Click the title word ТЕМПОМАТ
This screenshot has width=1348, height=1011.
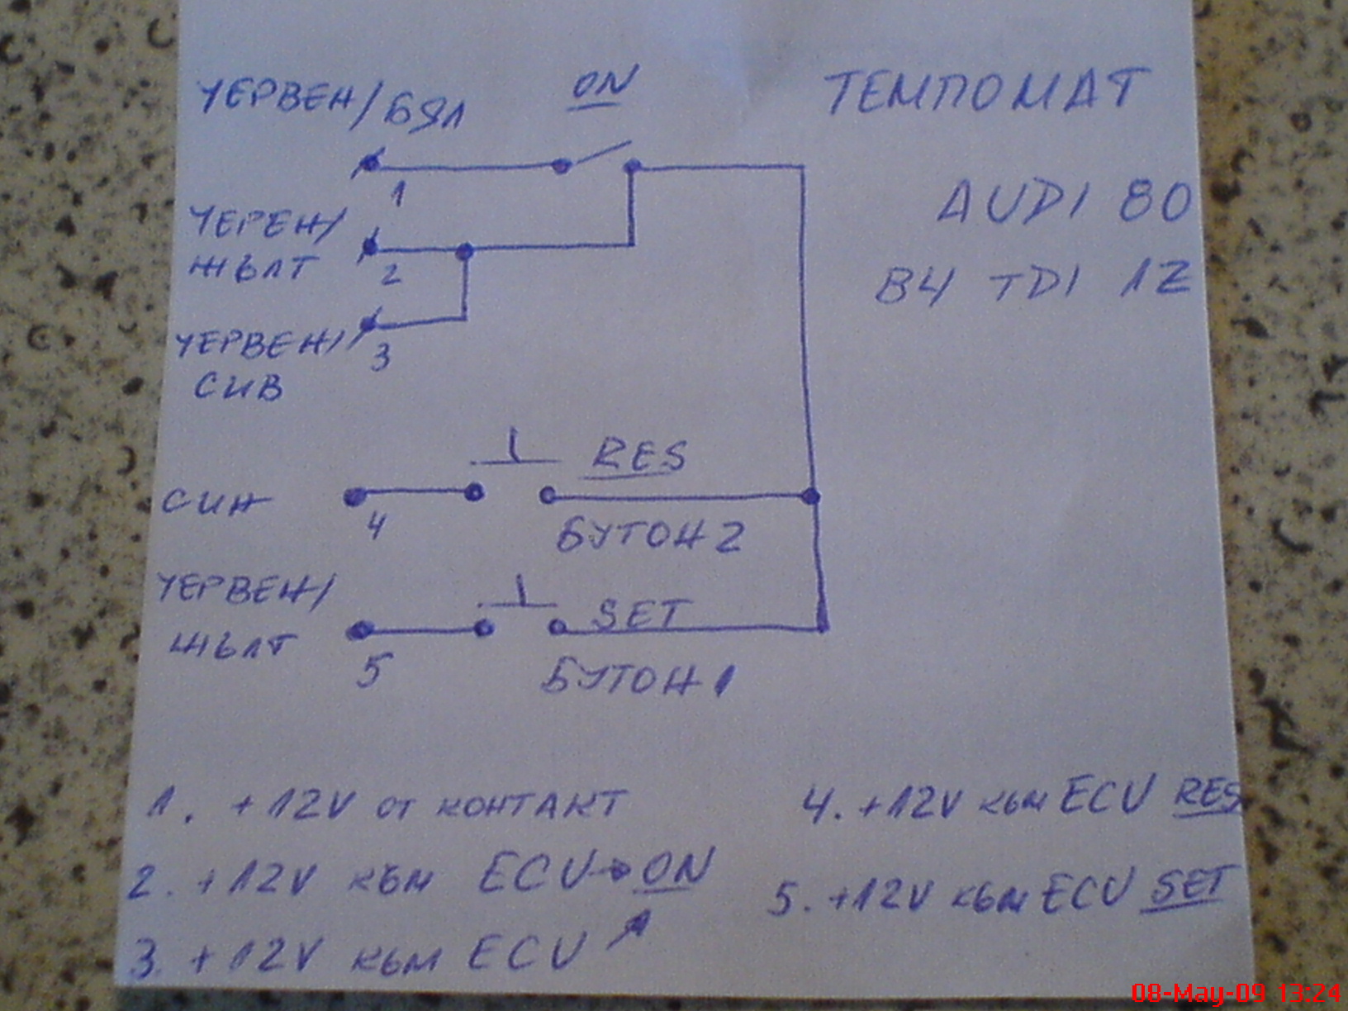pyautogui.click(x=986, y=91)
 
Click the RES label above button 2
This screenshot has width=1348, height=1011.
pyautogui.click(x=638, y=455)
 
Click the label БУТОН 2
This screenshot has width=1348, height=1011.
pyautogui.click(x=649, y=536)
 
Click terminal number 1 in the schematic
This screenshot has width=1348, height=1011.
pyautogui.click(x=398, y=195)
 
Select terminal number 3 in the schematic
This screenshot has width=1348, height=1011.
pyautogui.click(x=380, y=358)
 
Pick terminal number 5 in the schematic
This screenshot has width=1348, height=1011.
pyautogui.click(x=371, y=671)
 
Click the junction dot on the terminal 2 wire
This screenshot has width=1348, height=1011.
pyautogui.click(x=465, y=250)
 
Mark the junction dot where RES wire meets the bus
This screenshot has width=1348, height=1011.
pyautogui.click(x=811, y=496)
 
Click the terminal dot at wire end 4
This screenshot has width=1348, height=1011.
pyautogui.click(x=355, y=496)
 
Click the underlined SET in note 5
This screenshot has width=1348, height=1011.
pyautogui.click(x=1186, y=887)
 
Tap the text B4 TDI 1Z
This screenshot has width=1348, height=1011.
pyautogui.click(x=1032, y=282)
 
